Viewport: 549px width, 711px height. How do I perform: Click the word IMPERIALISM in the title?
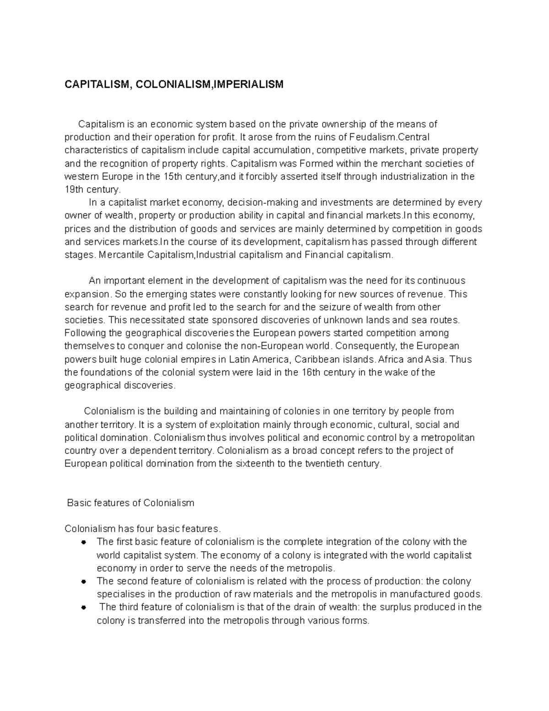pos(250,84)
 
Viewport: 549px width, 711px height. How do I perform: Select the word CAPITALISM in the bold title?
pos(94,84)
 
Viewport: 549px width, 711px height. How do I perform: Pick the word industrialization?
pos(397,177)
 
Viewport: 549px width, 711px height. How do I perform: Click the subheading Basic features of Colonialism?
pos(130,503)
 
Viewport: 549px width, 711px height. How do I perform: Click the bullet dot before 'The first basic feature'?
pos(83,543)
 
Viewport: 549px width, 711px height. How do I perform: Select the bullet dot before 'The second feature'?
pos(83,581)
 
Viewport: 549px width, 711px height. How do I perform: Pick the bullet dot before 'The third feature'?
pos(83,608)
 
